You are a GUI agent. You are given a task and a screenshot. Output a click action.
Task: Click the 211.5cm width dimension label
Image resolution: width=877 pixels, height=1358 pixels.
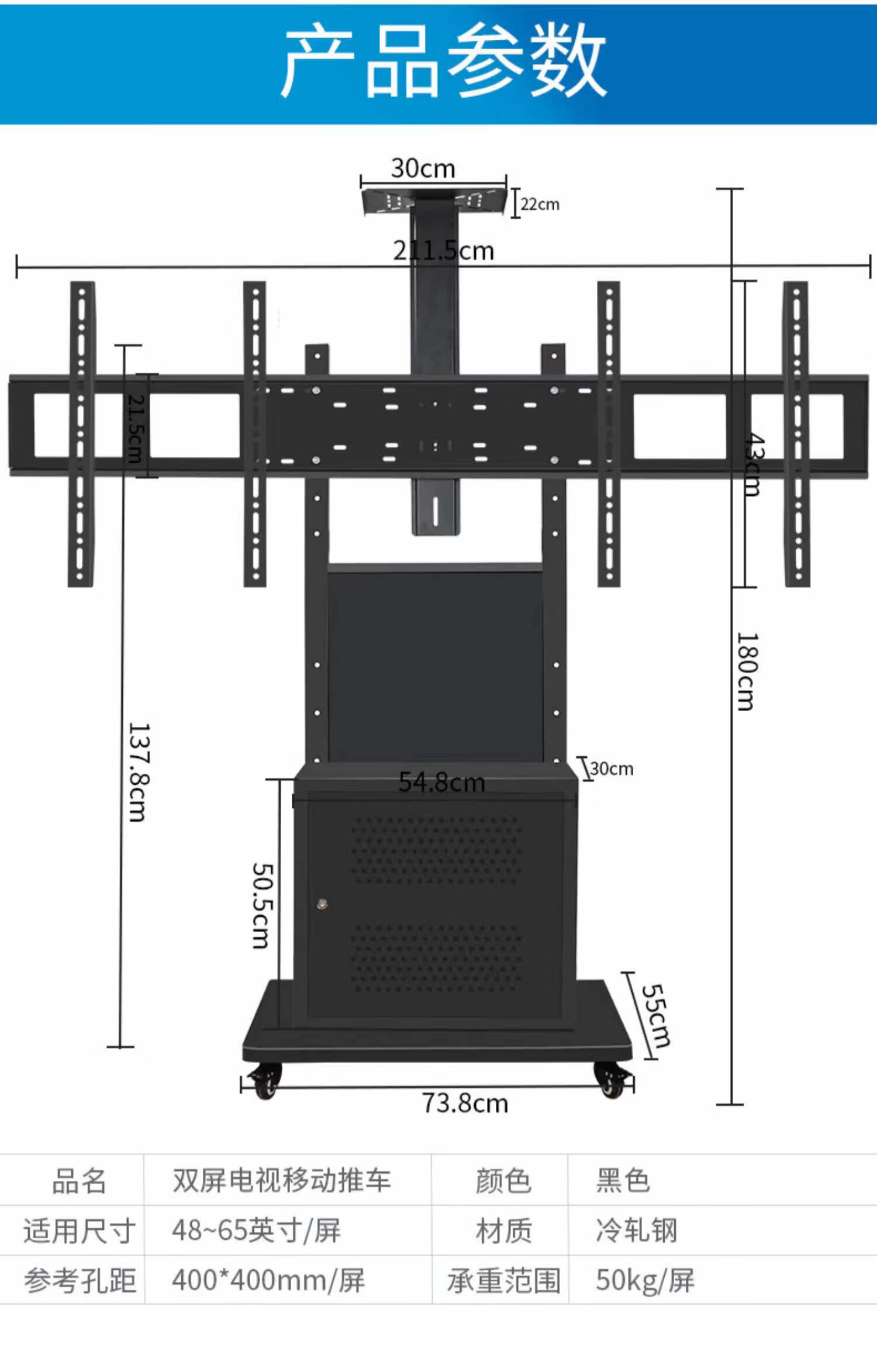click(444, 250)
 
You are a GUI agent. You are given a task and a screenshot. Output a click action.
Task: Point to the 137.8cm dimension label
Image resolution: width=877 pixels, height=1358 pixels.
click(139, 772)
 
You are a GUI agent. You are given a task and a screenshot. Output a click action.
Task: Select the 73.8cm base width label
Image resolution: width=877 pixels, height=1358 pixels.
click(465, 1103)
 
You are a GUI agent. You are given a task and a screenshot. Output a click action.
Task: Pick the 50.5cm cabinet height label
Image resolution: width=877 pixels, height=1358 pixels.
click(261, 905)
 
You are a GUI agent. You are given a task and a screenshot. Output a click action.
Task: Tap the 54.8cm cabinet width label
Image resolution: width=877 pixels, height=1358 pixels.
click(442, 782)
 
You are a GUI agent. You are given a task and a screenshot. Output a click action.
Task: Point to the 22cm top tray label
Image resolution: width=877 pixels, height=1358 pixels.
click(540, 204)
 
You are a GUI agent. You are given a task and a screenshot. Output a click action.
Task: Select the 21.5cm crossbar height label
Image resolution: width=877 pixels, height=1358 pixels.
click(135, 429)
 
